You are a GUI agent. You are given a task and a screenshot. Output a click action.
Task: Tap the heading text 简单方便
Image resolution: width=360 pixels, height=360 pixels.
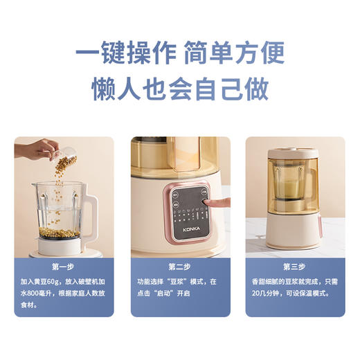pyautogui.click(x=236, y=53)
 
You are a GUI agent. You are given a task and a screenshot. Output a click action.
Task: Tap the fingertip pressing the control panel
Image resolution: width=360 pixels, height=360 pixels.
pyautogui.click(x=206, y=204)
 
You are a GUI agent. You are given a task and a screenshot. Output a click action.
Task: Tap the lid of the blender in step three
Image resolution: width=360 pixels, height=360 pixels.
pyautogui.click(x=294, y=150)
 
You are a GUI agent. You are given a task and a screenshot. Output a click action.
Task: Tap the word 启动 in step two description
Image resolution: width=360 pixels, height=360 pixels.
pyautogui.click(x=171, y=294)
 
